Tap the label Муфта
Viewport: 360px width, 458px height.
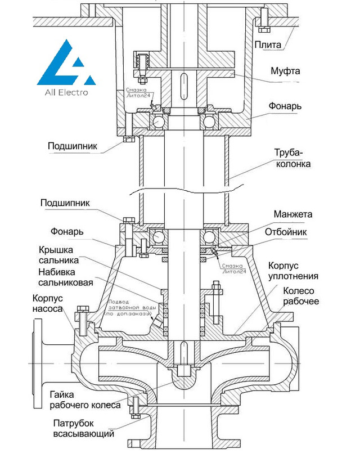[285, 71]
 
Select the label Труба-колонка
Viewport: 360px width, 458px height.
[292, 159]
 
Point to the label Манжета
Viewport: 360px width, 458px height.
[293, 214]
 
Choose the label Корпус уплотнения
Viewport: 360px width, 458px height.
[293, 270]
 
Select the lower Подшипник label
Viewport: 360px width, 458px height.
[65, 203]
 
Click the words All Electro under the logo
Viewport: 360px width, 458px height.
[61, 92]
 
